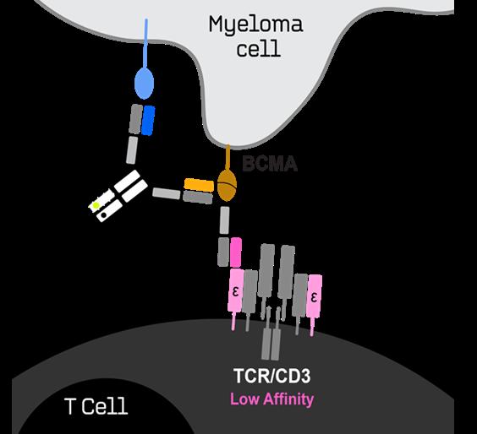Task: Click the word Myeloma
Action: click(x=256, y=25)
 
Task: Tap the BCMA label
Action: click(x=270, y=164)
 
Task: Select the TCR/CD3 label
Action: click(x=272, y=376)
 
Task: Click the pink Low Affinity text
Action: click(x=272, y=399)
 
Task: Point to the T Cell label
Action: click(x=96, y=406)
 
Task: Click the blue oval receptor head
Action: click(x=144, y=83)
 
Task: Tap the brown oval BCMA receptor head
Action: click(x=227, y=185)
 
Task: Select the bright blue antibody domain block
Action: click(x=148, y=121)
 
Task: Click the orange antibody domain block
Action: click(x=199, y=185)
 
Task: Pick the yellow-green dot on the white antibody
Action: click(x=96, y=206)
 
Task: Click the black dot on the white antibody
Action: click(x=104, y=215)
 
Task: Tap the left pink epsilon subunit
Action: click(x=236, y=290)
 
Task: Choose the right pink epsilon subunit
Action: click(x=314, y=296)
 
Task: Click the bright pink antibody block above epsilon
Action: click(x=236, y=252)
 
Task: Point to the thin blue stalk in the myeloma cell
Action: click(x=146, y=43)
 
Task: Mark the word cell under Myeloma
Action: click(x=259, y=49)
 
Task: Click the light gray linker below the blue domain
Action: click(x=132, y=150)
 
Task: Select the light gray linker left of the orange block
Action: click(x=167, y=193)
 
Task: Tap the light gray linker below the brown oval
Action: click(x=224, y=220)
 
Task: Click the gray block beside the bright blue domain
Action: click(x=135, y=119)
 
